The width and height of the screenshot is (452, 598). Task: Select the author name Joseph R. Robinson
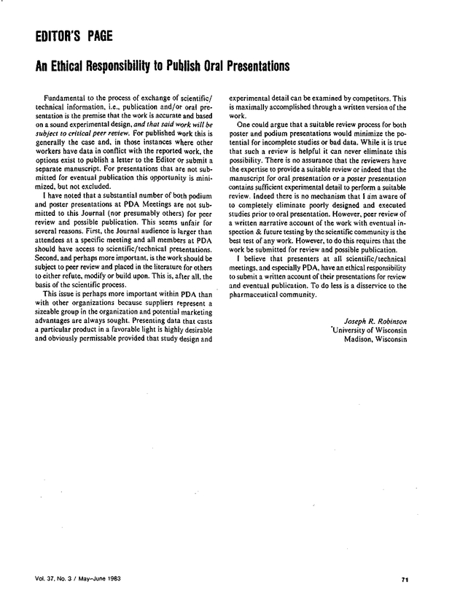tap(374, 319)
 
